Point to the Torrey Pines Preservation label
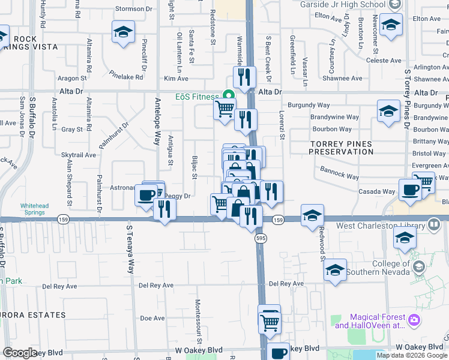pyautogui.click(x=341, y=148)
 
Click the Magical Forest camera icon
pyautogui.click(x=414, y=320)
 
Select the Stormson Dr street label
pyautogui.click(x=134, y=9)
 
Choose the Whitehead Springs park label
pyautogui.click(x=34, y=209)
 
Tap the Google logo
pyautogui.click(x=20, y=353)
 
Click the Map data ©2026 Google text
pyautogui.click(x=411, y=355)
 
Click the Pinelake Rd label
pyautogui.click(x=127, y=77)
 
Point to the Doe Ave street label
pyautogui.click(x=152, y=319)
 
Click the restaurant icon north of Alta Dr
pyautogui.click(x=244, y=77)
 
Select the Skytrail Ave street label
pyautogui.click(x=79, y=155)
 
